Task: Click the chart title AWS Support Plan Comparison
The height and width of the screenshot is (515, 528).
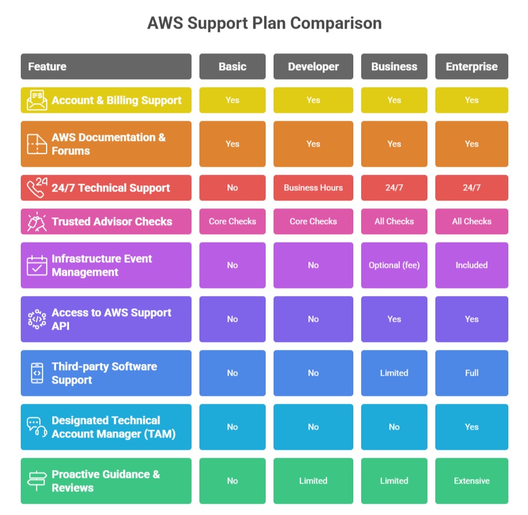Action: coord(264,24)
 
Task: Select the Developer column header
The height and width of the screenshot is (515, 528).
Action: coord(313,66)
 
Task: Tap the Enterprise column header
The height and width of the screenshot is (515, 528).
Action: coord(471,66)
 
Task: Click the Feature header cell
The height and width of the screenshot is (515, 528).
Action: coord(106,66)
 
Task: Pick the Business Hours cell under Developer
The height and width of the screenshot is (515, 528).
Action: coord(313,188)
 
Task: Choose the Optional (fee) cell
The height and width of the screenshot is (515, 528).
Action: coord(394,265)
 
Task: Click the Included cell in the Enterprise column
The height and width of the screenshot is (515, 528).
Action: coord(471,265)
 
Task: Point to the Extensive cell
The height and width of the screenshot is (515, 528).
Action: coord(471,481)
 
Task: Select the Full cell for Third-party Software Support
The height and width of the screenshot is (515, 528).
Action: coord(471,373)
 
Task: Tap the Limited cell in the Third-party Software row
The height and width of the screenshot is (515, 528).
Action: coord(394,373)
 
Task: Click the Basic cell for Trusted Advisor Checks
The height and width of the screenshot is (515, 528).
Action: coord(233,221)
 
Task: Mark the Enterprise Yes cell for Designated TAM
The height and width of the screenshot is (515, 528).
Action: coord(471,427)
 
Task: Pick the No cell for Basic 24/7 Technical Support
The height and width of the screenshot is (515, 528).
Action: coord(233,188)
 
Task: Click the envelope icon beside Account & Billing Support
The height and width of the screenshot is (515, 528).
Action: coord(37,101)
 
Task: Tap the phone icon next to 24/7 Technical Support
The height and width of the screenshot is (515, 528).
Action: coord(37,187)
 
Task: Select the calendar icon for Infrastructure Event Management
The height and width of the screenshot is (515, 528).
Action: coord(37,265)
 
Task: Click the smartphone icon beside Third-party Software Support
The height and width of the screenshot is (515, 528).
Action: coord(37,373)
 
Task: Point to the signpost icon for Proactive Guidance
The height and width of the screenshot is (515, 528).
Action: coord(37,481)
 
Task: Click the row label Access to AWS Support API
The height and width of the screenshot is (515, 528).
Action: coord(111,319)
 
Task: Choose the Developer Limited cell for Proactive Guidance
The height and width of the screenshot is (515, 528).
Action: coord(313,481)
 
